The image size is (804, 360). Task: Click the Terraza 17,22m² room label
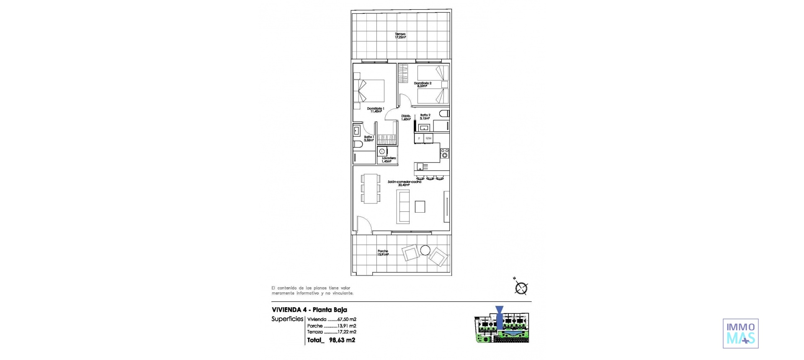click(400, 36)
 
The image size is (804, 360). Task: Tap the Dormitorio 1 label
click(376, 110)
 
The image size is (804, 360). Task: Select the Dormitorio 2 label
click(423, 85)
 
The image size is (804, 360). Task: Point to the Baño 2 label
click(425, 116)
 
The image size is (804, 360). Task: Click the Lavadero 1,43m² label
click(95, 159)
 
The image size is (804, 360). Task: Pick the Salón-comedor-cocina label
click(404, 183)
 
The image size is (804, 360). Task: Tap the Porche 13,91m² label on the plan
click(383, 252)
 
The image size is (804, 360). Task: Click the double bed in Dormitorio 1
click(78, 91)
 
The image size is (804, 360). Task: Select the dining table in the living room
click(77, 188)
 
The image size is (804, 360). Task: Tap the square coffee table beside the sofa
click(420, 207)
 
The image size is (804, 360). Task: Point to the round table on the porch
click(425, 250)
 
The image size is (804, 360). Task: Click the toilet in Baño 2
click(444, 113)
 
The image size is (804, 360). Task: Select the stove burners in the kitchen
click(444, 153)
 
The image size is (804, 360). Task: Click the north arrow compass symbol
click(521, 287)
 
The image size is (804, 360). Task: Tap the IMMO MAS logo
click(740, 333)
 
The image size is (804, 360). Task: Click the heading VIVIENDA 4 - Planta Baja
click(309, 310)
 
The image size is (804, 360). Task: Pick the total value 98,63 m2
click(342, 340)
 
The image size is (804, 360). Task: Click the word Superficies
click(287, 319)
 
